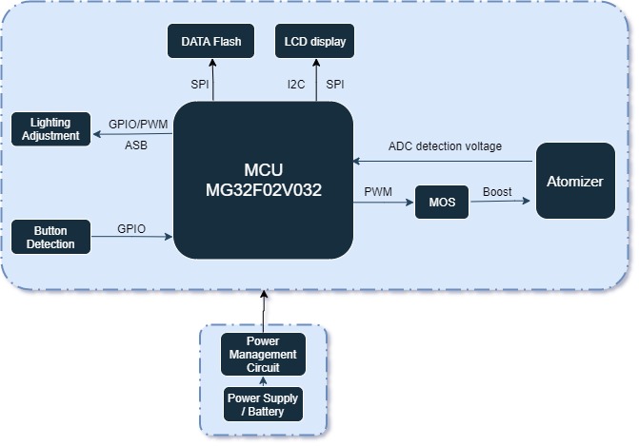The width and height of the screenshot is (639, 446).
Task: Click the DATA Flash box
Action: [x=211, y=41]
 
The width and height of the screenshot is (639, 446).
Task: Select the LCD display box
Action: [x=314, y=41]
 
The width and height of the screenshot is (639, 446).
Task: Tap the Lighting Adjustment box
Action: [x=50, y=129]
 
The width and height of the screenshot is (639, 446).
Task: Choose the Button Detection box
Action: [x=50, y=238]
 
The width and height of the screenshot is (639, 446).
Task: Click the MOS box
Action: [x=442, y=203]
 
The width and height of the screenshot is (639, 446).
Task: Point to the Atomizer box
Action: [x=574, y=181]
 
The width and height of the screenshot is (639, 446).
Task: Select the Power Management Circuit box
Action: [x=263, y=355]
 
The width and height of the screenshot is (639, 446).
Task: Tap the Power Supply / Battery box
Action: [x=263, y=404]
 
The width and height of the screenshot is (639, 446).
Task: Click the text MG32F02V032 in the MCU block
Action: [x=264, y=190]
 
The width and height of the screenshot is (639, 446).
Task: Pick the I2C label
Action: [x=296, y=85]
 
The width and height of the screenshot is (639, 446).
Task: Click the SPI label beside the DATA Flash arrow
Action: [x=200, y=85]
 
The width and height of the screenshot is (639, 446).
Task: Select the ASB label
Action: [x=135, y=145]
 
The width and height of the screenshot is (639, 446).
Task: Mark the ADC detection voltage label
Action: [x=445, y=145]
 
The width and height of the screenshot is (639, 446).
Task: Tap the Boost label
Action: [x=497, y=191]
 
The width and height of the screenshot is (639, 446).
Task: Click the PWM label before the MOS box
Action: [x=378, y=191]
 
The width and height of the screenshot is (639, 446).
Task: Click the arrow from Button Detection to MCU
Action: [x=131, y=238]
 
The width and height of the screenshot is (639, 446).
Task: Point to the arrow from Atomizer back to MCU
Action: [x=444, y=159]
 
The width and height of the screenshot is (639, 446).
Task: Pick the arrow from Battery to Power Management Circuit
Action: [x=263, y=382]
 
